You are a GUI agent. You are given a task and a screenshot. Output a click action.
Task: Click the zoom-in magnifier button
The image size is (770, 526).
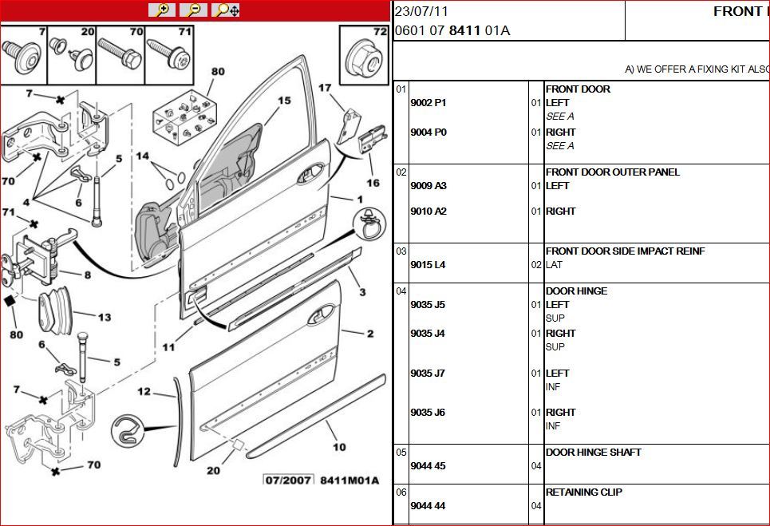pyautogui.click(x=161, y=10)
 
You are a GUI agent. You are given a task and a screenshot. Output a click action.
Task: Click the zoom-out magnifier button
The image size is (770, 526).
pyautogui.click(x=193, y=10)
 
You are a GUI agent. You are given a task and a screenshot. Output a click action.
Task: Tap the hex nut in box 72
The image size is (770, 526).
pyautogui.click(x=365, y=60)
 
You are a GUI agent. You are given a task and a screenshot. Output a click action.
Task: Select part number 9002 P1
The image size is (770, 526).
pyautogui.click(x=428, y=103)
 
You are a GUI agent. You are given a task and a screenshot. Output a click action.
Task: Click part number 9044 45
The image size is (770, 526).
pyautogui.click(x=428, y=465)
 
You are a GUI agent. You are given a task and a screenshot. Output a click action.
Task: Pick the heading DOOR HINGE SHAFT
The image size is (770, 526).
pyautogui.click(x=593, y=453)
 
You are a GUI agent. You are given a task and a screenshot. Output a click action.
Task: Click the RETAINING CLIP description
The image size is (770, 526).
pyautogui.click(x=584, y=492)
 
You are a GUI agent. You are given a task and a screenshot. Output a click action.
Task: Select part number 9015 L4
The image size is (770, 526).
pyautogui.click(x=428, y=265)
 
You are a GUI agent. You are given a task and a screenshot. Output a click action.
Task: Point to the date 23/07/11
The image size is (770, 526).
pyautogui.click(x=421, y=11)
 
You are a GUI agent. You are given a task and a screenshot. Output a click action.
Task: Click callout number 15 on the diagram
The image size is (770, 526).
pyautogui.click(x=284, y=101)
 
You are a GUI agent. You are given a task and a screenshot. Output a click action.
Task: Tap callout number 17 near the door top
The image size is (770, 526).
pyautogui.click(x=325, y=88)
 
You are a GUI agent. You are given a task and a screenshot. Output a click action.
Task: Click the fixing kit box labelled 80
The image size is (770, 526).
pyautogui.click(x=182, y=117)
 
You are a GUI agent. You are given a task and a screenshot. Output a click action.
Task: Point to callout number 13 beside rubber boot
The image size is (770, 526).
pyautogui.click(x=105, y=317)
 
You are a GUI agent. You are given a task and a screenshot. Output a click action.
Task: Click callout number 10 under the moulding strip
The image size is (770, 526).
pyautogui.click(x=339, y=447)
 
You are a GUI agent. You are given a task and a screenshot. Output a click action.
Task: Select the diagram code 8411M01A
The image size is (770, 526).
pyautogui.click(x=349, y=481)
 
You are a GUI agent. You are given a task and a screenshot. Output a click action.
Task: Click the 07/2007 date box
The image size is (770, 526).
pyautogui.click(x=288, y=481)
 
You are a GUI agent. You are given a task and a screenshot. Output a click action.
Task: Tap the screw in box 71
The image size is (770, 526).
pyautogui.click(x=168, y=55)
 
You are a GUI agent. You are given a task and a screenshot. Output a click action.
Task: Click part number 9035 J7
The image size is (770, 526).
pyautogui.click(x=428, y=374)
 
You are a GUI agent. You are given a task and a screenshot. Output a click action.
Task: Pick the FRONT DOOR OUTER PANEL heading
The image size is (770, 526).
pyautogui.click(x=612, y=172)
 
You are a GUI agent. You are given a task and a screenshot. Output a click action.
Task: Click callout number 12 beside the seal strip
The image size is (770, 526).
pyautogui.click(x=144, y=391)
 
